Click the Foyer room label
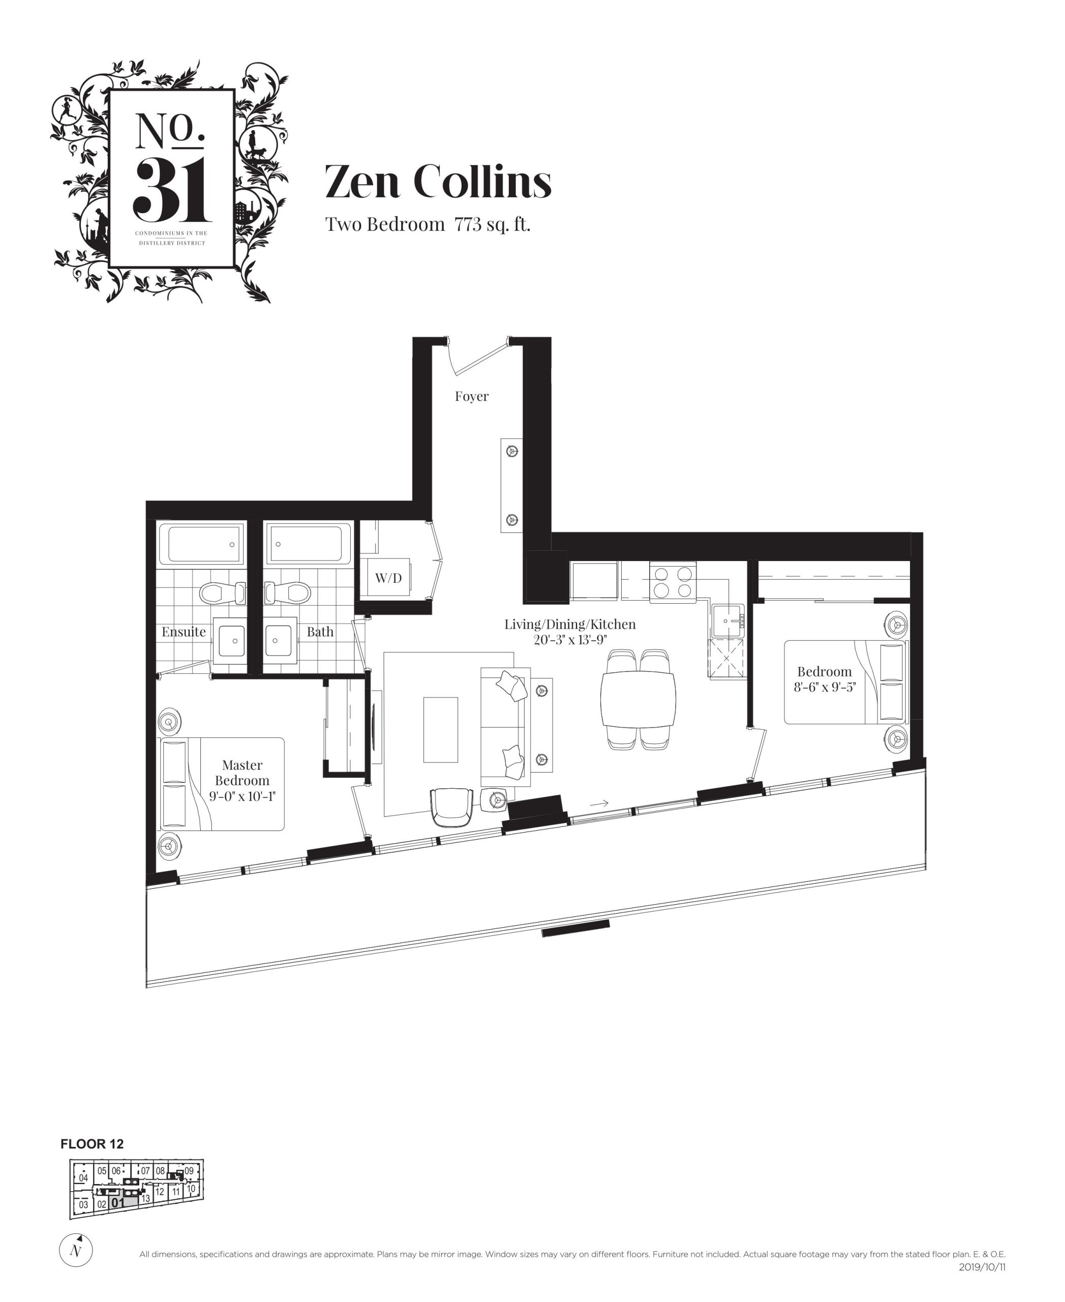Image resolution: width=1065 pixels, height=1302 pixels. pos(471,397)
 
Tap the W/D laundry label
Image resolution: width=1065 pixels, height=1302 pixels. pos(388,578)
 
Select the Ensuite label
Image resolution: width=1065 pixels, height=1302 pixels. pos(184,632)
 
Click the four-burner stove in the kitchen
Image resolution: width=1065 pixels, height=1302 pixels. pos(673,582)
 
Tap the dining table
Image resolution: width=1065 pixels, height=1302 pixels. pos(638,699)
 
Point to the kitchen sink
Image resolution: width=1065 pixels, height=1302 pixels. pos(728,620)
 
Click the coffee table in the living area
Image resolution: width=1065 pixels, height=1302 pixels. pos(440,729)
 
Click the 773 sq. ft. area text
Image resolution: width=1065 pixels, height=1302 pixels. pos(492,225)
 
